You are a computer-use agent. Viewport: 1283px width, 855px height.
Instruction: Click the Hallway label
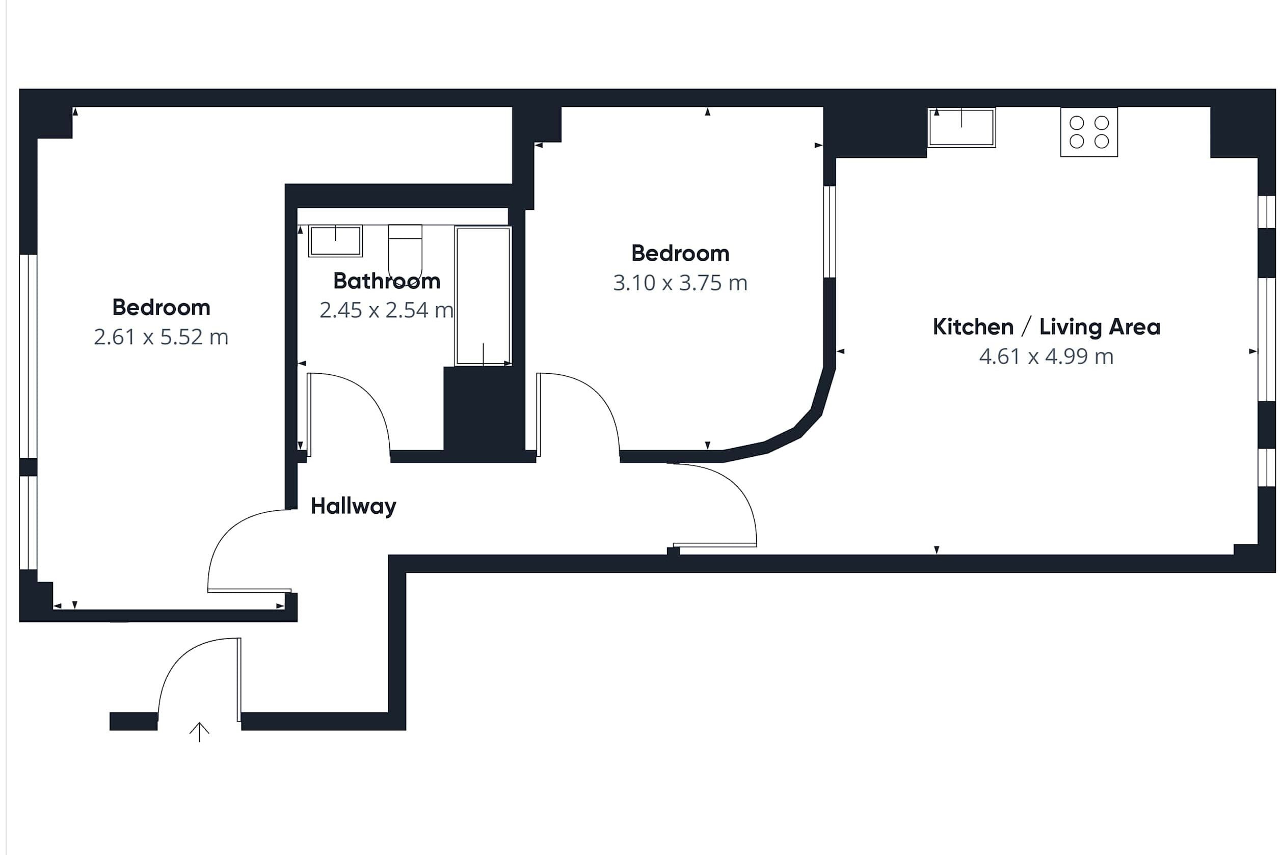pos(353,507)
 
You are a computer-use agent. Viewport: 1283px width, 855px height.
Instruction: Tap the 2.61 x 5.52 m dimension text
pos(161,337)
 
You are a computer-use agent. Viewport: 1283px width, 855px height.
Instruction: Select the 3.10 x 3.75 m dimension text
pos(680,283)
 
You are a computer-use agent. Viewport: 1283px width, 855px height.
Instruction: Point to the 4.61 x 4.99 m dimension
pos(1046,356)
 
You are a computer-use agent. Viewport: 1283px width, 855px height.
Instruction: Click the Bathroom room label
pos(387,281)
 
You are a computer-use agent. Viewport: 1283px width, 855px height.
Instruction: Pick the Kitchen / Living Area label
pos(1046,326)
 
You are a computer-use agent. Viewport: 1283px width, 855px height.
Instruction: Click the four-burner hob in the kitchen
pos(1089,132)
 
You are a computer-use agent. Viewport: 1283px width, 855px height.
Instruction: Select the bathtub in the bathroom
pos(483,295)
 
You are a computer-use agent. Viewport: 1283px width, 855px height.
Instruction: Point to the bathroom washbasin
pos(335,240)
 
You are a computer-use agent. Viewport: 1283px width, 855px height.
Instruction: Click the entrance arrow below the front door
pos(199,732)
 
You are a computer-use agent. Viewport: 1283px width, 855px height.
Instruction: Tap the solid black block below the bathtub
pos(484,409)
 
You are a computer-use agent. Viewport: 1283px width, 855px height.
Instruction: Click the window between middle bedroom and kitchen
pos(828,232)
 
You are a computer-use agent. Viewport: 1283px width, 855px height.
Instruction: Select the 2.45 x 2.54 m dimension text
pos(386,310)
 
